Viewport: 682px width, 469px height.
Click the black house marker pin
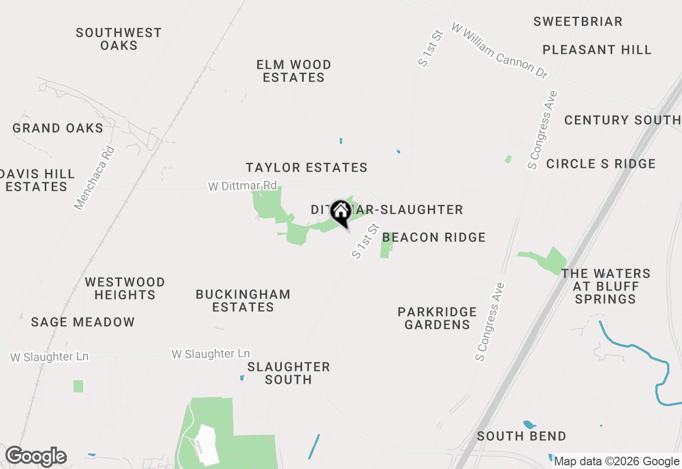click(x=340, y=212)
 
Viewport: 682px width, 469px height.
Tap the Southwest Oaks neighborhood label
click(x=119, y=39)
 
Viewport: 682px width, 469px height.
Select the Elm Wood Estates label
click(x=294, y=71)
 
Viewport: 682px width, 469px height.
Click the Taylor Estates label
click(x=306, y=167)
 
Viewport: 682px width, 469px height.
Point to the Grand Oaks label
click(x=58, y=128)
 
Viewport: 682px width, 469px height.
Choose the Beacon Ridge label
click(x=434, y=237)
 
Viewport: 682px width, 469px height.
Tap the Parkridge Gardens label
click(x=437, y=318)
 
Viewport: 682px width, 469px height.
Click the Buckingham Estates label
click(x=243, y=301)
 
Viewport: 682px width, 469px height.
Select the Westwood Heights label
click(x=125, y=288)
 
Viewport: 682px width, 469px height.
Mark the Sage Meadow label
click(x=83, y=322)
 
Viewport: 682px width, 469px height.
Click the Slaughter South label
click(x=289, y=373)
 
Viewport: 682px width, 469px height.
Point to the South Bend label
click(x=521, y=436)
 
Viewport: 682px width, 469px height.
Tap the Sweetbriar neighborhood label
click(x=578, y=21)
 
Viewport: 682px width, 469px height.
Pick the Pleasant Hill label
click(x=597, y=50)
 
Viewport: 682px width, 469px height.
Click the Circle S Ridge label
click(x=601, y=164)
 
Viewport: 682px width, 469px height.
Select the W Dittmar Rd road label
click(x=242, y=186)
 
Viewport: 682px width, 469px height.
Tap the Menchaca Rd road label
click(x=95, y=178)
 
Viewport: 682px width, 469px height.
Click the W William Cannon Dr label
click(x=499, y=51)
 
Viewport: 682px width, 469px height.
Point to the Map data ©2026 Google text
click(x=616, y=462)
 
